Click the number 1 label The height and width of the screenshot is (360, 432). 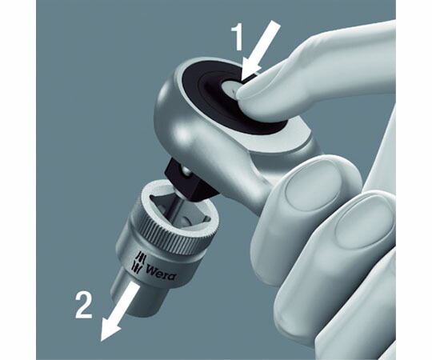click(x=238, y=37)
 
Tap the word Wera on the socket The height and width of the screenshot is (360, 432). click(x=161, y=274)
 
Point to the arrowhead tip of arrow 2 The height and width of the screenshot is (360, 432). click(x=102, y=342)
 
